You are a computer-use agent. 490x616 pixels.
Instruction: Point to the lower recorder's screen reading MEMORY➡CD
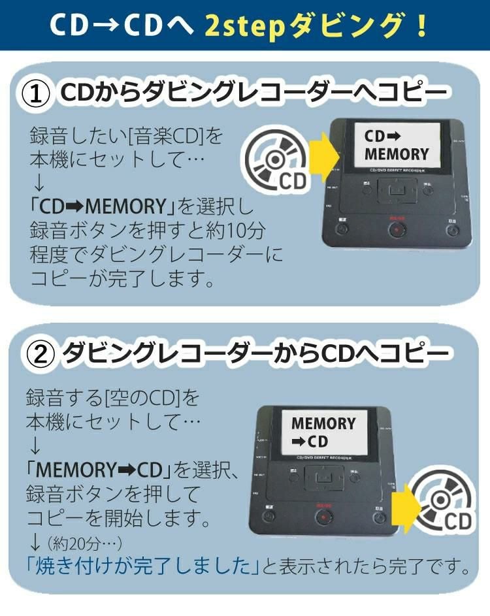click(x=323, y=432)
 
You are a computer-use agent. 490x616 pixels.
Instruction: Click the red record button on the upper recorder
click(x=397, y=229)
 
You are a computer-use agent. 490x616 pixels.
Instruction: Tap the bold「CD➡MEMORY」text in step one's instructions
click(x=105, y=208)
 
